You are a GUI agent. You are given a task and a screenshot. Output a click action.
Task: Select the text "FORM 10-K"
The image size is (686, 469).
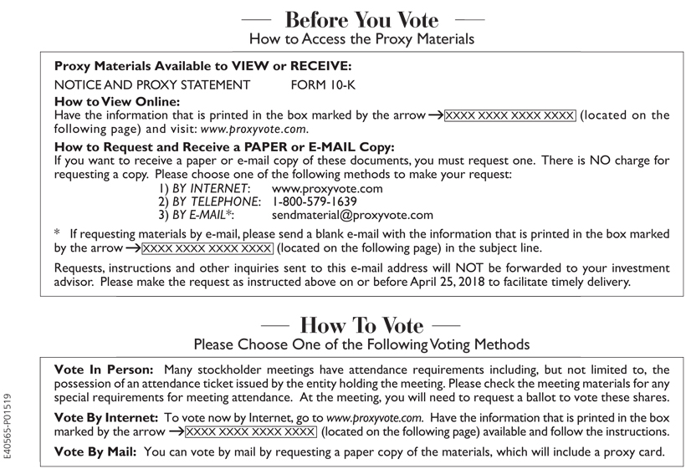click(x=320, y=84)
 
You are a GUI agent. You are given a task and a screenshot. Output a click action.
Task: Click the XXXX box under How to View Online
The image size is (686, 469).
click(x=510, y=115)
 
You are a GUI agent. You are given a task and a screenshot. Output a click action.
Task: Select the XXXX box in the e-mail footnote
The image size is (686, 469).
click(x=207, y=248)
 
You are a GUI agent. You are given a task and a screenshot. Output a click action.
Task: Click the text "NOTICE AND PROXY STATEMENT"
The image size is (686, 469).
click(x=151, y=84)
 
